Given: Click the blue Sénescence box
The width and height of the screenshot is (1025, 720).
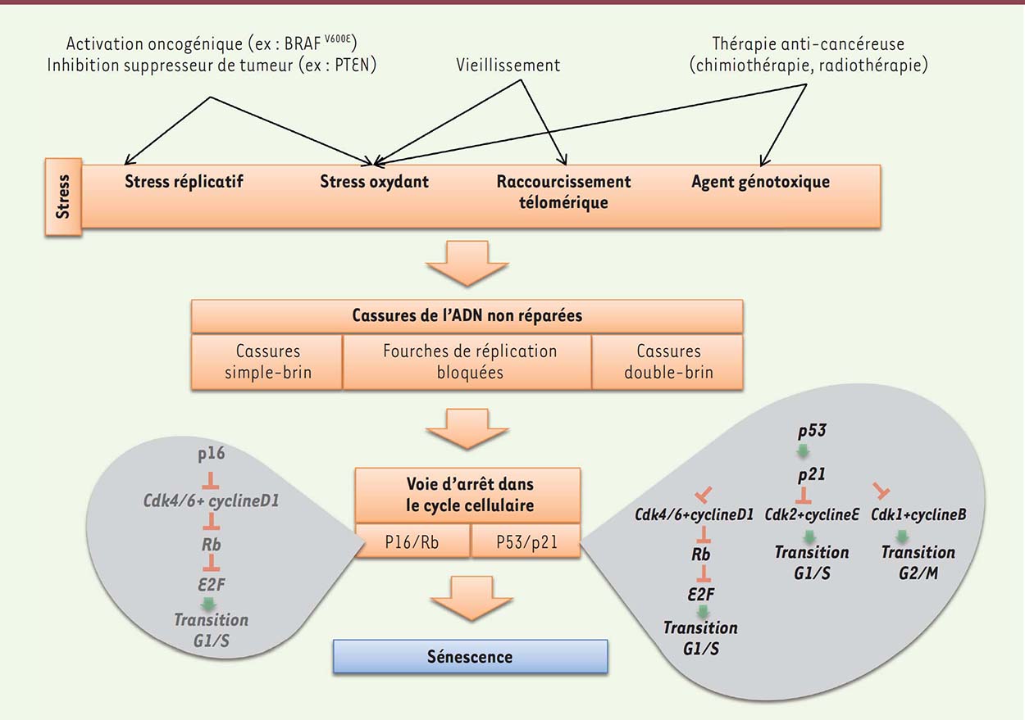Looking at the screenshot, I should pyautogui.click(x=470, y=656).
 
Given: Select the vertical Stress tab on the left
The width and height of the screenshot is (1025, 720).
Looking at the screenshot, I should pyautogui.click(x=64, y=197).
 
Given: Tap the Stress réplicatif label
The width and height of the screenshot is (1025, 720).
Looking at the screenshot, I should pyautogui.click(x=184, y=181).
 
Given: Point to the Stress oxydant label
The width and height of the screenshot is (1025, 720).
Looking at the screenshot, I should pyautogui.click(x=374, y=181).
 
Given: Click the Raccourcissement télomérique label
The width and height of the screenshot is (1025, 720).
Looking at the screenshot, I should pyautogui.click(x=563, y=191).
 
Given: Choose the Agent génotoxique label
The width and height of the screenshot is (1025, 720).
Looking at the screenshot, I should pyautogui.click(x=760, y=181).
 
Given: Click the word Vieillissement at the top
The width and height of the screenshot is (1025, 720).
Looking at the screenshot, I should pyautogui.click(x=508, y=65).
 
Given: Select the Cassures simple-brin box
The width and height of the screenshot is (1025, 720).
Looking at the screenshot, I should pyautogui.click(x=266, y=361).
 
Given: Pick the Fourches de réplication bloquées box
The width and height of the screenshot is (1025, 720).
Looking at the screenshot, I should pyautogui.click(x=469, y=361).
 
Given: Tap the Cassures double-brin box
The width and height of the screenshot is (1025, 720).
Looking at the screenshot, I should pyautogui.click(x=668, y=361).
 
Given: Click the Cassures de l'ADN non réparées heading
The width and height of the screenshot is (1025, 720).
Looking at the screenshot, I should pyautogui.click(x=467, y=315).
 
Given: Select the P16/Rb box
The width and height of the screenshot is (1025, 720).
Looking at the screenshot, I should pyautogui.click(x=412, y=541).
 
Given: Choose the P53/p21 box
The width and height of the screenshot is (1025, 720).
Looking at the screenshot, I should pyautogui.click(x=525, y=541).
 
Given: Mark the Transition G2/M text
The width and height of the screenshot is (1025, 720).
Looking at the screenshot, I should pyautogui.click(x=918, y=561).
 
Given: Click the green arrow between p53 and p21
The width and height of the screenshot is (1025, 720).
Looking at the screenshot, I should pyautogui.click(x=803, y=451).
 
